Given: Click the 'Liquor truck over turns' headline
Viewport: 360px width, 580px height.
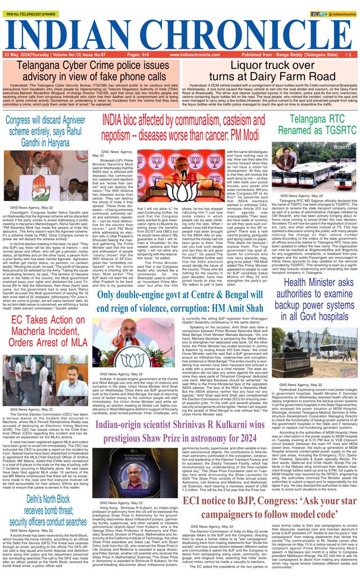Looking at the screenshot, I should point(271,71).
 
